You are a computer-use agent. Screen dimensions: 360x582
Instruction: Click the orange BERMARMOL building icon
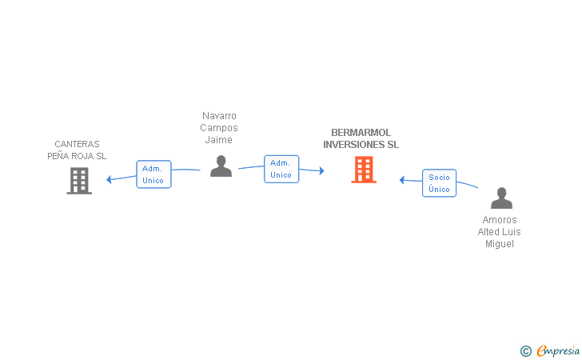[364, 170]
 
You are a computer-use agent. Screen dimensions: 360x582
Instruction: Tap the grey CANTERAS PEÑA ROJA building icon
[78, 181]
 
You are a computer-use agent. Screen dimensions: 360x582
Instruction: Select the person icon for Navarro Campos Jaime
[221, 166]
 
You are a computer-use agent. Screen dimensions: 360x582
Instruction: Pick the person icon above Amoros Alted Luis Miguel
[501, 198]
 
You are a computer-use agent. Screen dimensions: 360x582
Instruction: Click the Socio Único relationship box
[439, 183]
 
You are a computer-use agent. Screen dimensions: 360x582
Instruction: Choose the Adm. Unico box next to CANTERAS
[153, 174]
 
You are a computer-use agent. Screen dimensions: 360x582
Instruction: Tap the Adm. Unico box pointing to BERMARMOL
[281, 169]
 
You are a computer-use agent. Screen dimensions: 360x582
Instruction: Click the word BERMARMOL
[361, 133]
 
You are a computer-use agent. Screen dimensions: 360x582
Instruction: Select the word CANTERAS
[77, 144]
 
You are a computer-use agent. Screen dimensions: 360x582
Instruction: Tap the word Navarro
[219, 116]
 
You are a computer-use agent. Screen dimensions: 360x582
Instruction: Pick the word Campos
[219, 128]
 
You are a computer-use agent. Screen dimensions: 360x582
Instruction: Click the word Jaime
[219, 140]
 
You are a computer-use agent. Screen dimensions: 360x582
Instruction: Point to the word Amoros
[500, 220]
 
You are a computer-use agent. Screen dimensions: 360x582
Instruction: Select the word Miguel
[500, 244]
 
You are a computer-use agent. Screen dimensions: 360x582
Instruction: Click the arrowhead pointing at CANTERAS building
[110, 179]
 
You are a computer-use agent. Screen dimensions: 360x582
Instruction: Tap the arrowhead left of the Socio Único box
[403, 180]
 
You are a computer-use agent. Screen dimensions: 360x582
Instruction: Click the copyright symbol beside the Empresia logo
[525, 350]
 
